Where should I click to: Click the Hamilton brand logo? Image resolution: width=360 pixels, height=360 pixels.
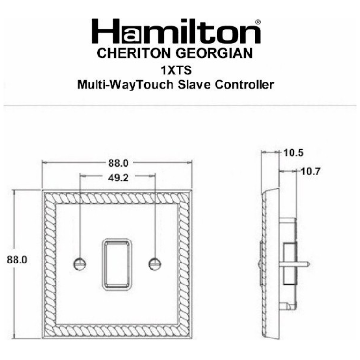click(176, 31)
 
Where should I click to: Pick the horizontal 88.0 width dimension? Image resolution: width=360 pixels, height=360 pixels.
click(118, 163)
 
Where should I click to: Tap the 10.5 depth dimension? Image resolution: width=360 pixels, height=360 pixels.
click(294, 152)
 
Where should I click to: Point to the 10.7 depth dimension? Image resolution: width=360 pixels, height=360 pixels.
click(310, 171)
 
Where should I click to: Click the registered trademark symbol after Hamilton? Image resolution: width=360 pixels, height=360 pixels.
click(258, 21)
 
